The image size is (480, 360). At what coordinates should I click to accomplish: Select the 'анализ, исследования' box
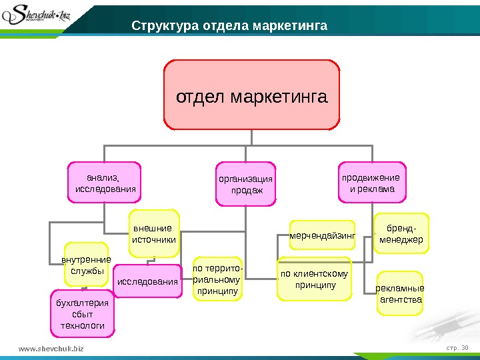(104, 181)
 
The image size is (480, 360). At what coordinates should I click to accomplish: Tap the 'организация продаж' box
(246, 182)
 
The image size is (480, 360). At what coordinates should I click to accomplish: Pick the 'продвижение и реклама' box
(372, 181)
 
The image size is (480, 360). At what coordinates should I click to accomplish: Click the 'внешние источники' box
(155, 233)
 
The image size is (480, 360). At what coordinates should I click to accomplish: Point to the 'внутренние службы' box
(85, 264)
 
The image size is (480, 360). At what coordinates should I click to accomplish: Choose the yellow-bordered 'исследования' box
(148, 281)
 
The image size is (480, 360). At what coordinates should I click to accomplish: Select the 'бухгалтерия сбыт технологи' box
(83, 312)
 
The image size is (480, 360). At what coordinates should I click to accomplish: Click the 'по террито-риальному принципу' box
(217, 279)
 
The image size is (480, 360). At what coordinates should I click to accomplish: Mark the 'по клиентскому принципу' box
(314, 279)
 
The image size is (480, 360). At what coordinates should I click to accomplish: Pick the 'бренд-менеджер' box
(401, 233)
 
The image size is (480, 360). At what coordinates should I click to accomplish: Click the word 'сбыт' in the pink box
(83, 313)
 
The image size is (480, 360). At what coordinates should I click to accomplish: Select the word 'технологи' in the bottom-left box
(83, 324)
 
